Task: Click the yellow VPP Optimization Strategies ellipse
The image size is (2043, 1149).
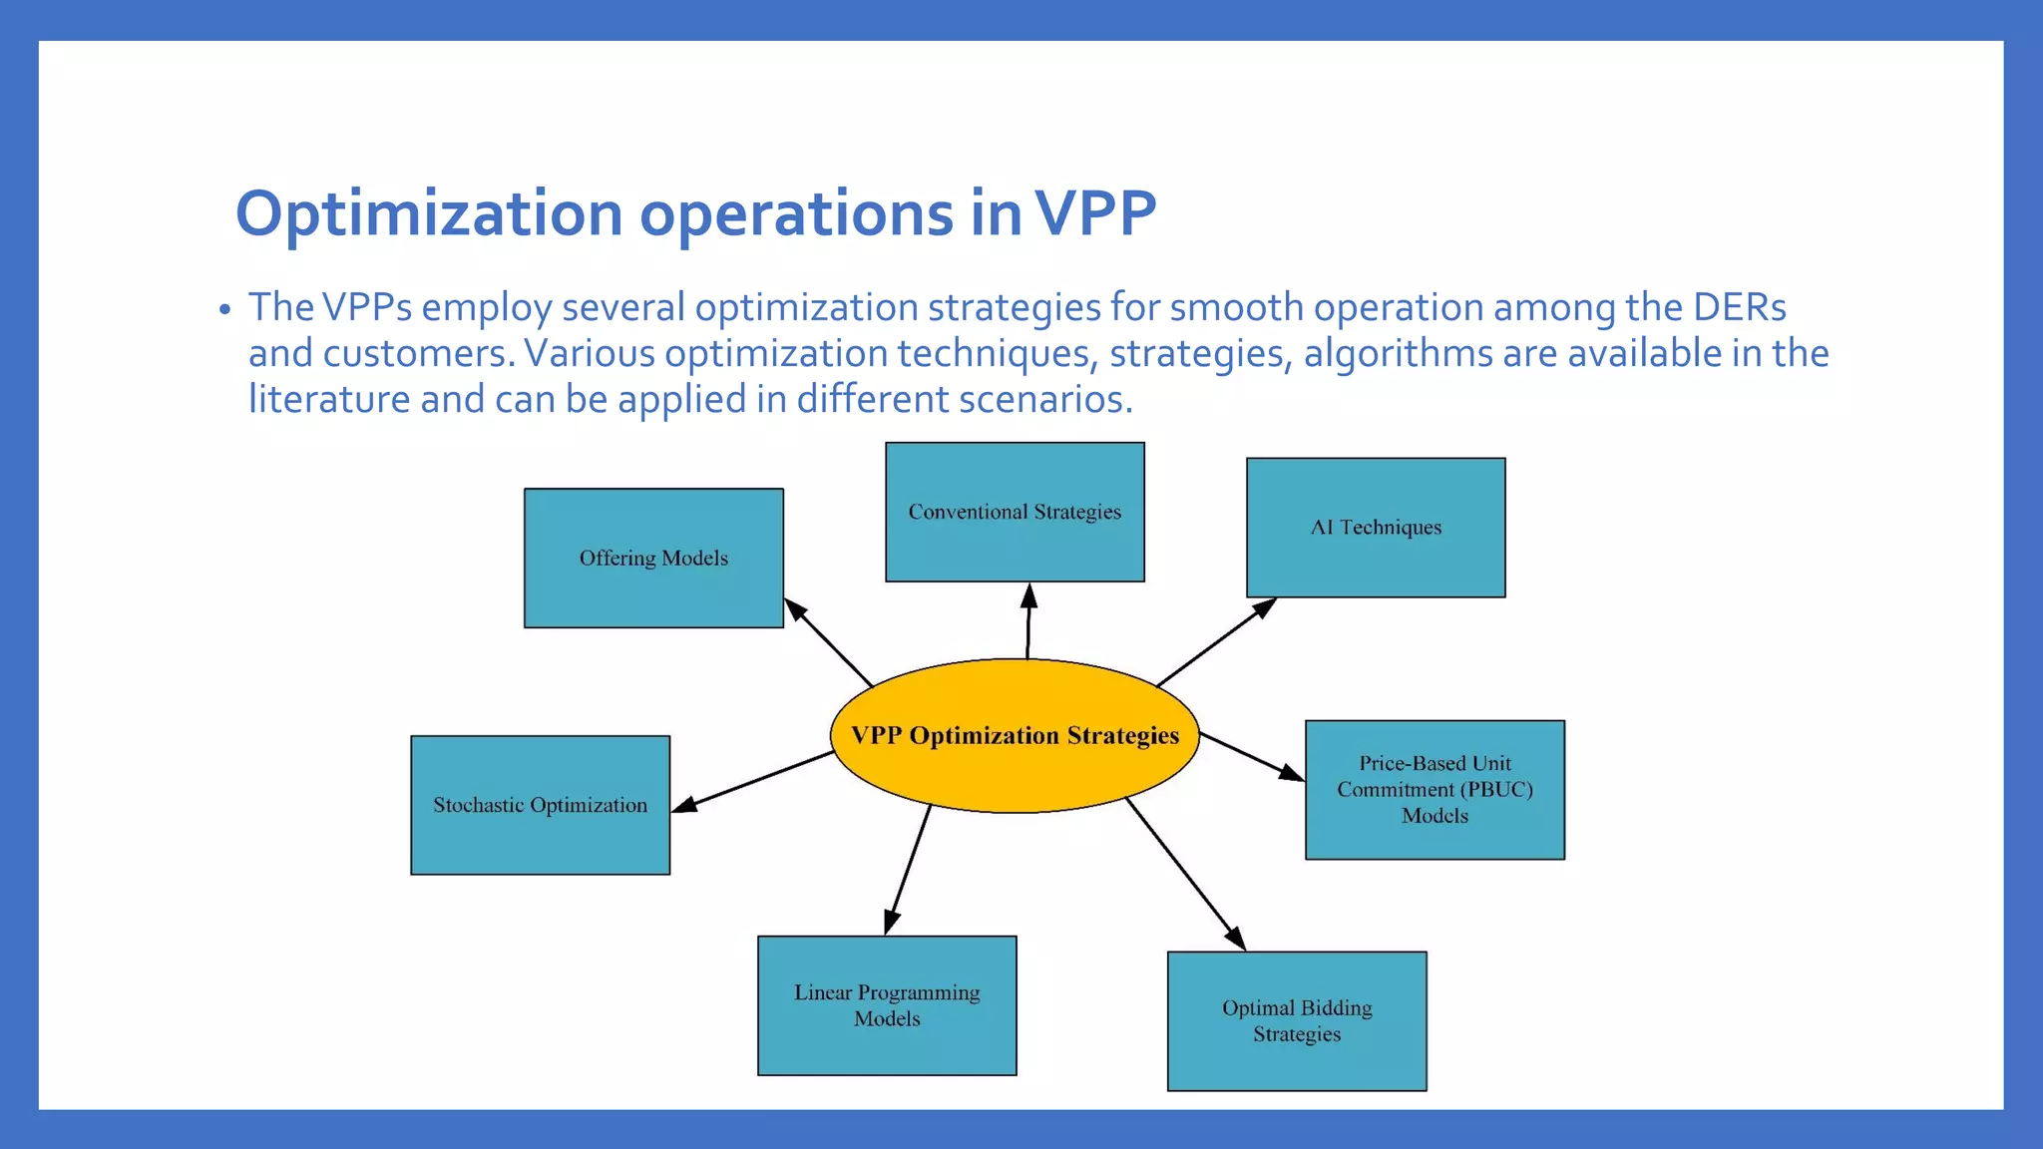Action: click(x=1015, y=736)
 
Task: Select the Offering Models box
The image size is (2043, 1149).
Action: click(x=653, y=558)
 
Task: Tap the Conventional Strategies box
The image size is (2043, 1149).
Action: click(x=1015, y=512)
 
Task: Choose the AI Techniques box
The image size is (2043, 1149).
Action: click(x=1376, y=528)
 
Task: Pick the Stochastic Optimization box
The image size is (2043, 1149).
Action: click(x=540, y=805)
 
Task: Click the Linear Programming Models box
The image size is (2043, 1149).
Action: click(x=887, y=1005)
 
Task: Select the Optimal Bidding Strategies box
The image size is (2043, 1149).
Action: click(x=1297, y=1020)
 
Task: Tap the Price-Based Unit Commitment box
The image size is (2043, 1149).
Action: click(x=1434, y=789)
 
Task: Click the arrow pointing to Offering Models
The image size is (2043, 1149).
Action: click(x=829, y=643)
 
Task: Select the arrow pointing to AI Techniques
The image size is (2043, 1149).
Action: click(x=1215, y=642)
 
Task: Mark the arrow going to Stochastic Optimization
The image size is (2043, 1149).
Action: click(x=753, y=782)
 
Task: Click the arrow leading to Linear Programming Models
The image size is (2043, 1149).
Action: click(x=908, y=870)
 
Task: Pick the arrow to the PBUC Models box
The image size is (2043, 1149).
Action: click(x=1251, y=757)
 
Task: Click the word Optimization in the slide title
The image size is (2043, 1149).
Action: click(x=429, y=213)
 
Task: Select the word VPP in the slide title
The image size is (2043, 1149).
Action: click(x=1094, y=213)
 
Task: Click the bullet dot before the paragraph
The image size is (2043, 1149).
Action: click(x=225, y=309)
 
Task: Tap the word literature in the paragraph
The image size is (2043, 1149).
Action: click(x=328, y=399)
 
